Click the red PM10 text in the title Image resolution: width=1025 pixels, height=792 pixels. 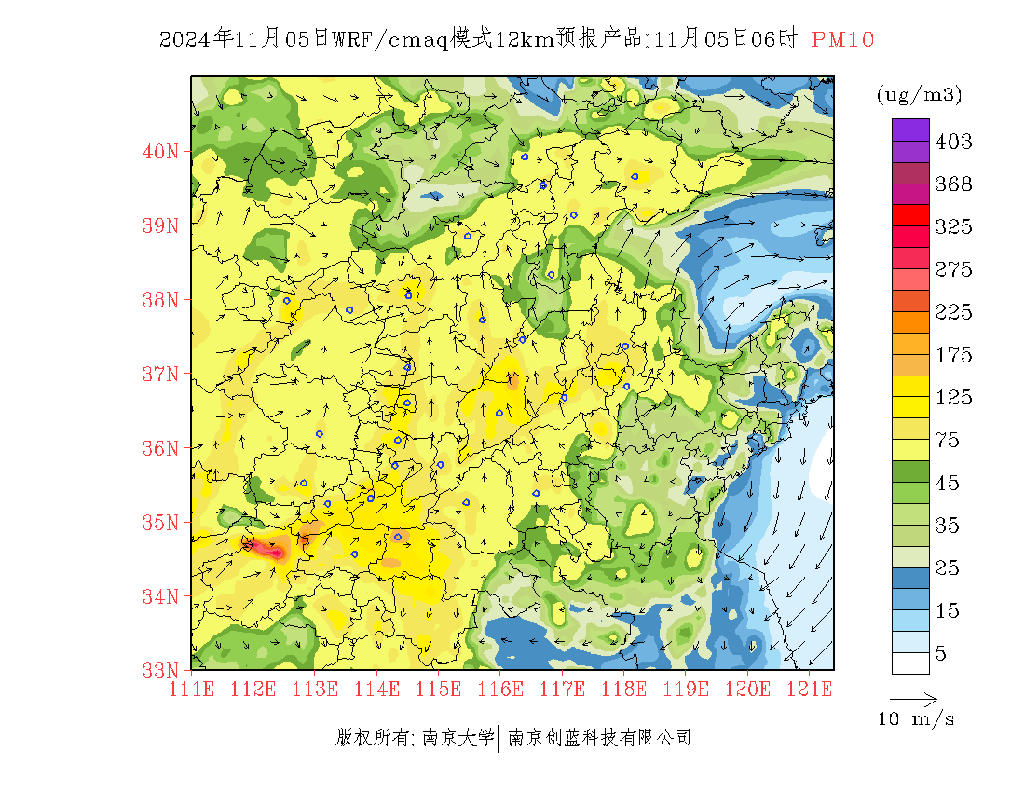[x=842, y=39]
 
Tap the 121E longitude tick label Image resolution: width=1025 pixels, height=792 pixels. [x=809, y=689]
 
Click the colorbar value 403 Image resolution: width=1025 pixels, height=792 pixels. [x=953, y=142]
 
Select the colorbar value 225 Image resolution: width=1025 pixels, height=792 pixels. [x=953, y=312]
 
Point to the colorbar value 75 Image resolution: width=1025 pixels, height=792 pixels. [x=948, y=440]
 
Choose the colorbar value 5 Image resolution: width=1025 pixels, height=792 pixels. [x=941, y=653]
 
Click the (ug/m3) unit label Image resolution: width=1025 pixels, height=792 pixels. [x=919, y=94]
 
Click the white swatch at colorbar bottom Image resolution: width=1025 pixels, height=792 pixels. [x=910, y=662]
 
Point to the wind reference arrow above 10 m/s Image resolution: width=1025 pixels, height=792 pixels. [x=913, y=698]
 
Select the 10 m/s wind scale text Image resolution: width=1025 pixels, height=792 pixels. [x=917, y=719]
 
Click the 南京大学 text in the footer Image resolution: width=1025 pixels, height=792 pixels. [x=458, y=738]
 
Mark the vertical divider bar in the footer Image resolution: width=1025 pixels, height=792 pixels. [x=500, y=738]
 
